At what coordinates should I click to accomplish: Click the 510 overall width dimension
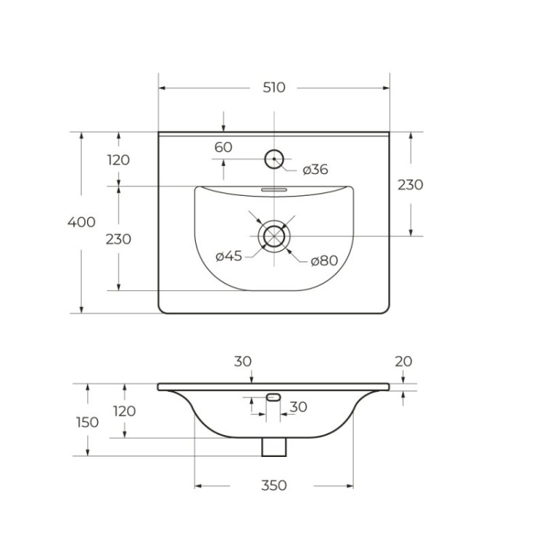coord(273,88)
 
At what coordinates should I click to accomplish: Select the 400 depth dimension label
coord(81,222)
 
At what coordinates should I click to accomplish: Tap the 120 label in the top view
coord(118,160)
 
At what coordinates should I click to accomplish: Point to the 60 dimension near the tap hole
coord(223,147)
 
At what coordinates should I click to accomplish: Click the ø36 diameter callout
coord(315,170)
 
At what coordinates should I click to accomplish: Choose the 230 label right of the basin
coord(410,184)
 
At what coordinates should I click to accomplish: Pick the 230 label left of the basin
coord(118,239)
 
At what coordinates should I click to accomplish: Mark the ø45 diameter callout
coord(228,255)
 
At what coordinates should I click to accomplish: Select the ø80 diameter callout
coord(324,261)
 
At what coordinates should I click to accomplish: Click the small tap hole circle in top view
coord(273,159)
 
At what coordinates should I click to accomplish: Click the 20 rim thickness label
coord(403,361)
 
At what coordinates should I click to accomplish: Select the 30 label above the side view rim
coord(242,360)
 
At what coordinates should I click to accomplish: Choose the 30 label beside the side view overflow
coord(297,407)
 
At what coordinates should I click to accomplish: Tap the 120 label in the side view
coord(124,411)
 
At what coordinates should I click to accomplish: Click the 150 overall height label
coord(87,421)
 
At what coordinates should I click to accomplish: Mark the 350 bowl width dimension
coord(273,485)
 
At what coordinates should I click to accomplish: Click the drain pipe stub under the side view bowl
coord(273,447)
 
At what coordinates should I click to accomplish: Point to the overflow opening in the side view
coord(273,396)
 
